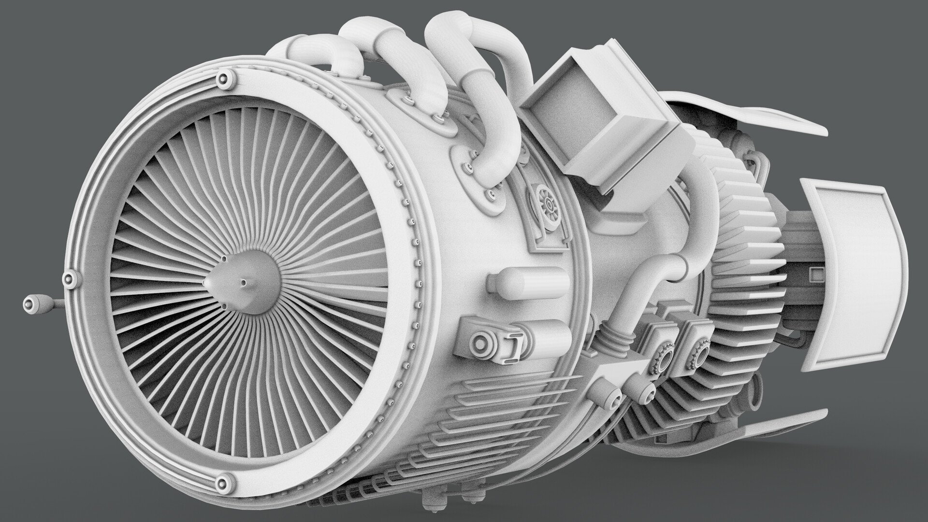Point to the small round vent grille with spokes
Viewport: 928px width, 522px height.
tap(550, 206)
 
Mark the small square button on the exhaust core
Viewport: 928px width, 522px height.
tap(817, 275)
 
